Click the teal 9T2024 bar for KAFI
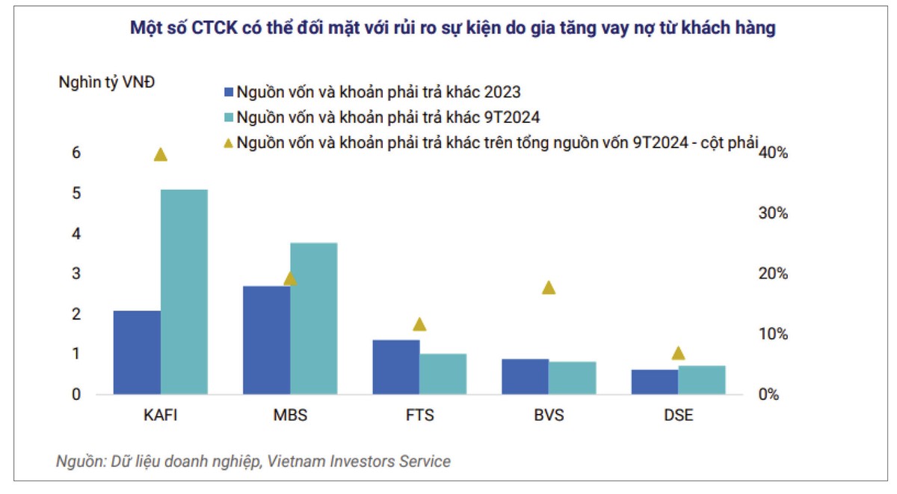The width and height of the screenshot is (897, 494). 184,292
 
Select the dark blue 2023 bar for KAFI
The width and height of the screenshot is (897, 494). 137,352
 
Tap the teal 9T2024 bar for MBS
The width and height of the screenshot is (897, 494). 313,318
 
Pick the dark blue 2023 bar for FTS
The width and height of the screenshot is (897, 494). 395,367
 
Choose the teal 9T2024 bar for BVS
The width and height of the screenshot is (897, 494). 573,377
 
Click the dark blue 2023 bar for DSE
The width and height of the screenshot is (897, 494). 654,381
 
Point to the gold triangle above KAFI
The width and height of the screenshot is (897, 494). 160,155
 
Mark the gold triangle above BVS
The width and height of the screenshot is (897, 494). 549,287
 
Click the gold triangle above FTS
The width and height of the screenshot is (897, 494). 419,324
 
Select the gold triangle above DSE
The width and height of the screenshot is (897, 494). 678,353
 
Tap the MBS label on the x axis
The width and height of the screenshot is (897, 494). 290,415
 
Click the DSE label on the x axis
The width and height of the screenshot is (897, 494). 678,415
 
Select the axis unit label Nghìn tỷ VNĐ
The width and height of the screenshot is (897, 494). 107,82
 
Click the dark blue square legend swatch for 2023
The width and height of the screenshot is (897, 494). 229,93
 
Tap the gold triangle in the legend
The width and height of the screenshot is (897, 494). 229,141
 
